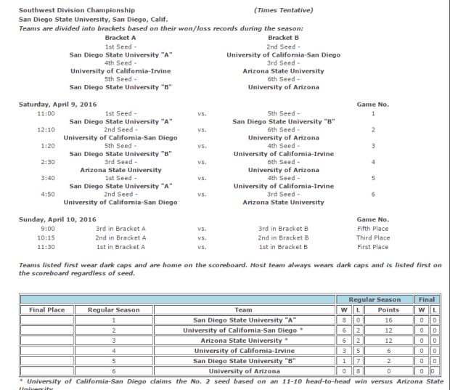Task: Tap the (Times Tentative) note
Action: (x=284, y=10)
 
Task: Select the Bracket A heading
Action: (x=120, y=37)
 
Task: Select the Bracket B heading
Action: (x=283, y=37)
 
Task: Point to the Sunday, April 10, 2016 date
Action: (x=57, y=219)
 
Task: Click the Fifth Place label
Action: (x=372, y=229)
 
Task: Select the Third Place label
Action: (x=372, y=237)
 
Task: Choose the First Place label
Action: (x=372, y=247)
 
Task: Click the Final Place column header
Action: (x=47, y=309)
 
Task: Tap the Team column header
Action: (x=243, y=309)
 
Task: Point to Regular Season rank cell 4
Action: (x=113, y=350)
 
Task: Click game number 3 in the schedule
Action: (x=372, y=146)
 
